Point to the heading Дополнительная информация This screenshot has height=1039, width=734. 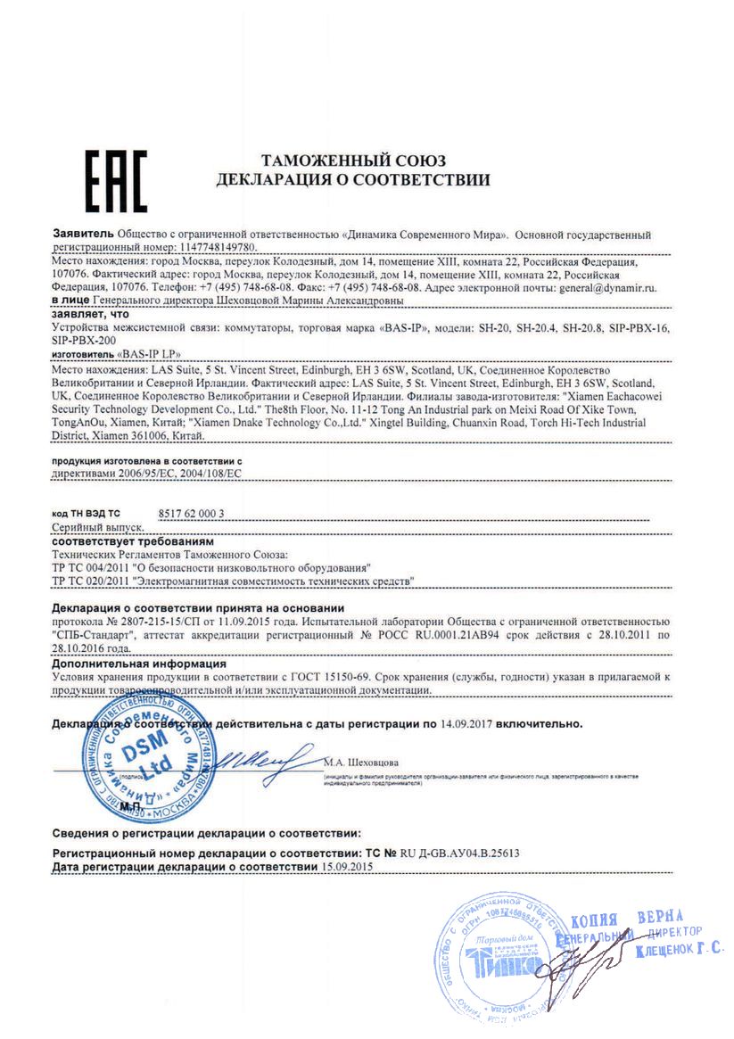click(x=138, y=664)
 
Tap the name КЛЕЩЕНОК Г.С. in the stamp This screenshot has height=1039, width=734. click(x=679, y=950)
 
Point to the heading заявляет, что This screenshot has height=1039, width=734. click(x=90, y=315)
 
